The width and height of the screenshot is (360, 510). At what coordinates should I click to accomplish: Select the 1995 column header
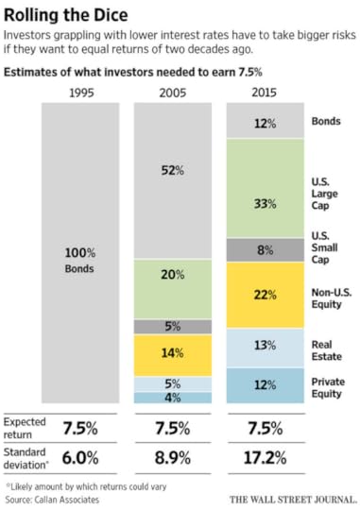(x=79, y=91)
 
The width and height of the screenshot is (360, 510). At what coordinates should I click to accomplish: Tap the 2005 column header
(x=173, y=91)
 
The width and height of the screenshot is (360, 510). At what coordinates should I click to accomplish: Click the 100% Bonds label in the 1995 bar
(x=79, y=259)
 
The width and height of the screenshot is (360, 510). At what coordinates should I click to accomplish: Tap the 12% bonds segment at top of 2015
(x=266, y=123)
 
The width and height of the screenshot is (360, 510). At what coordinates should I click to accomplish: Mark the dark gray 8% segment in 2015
(x=266, y=250)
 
